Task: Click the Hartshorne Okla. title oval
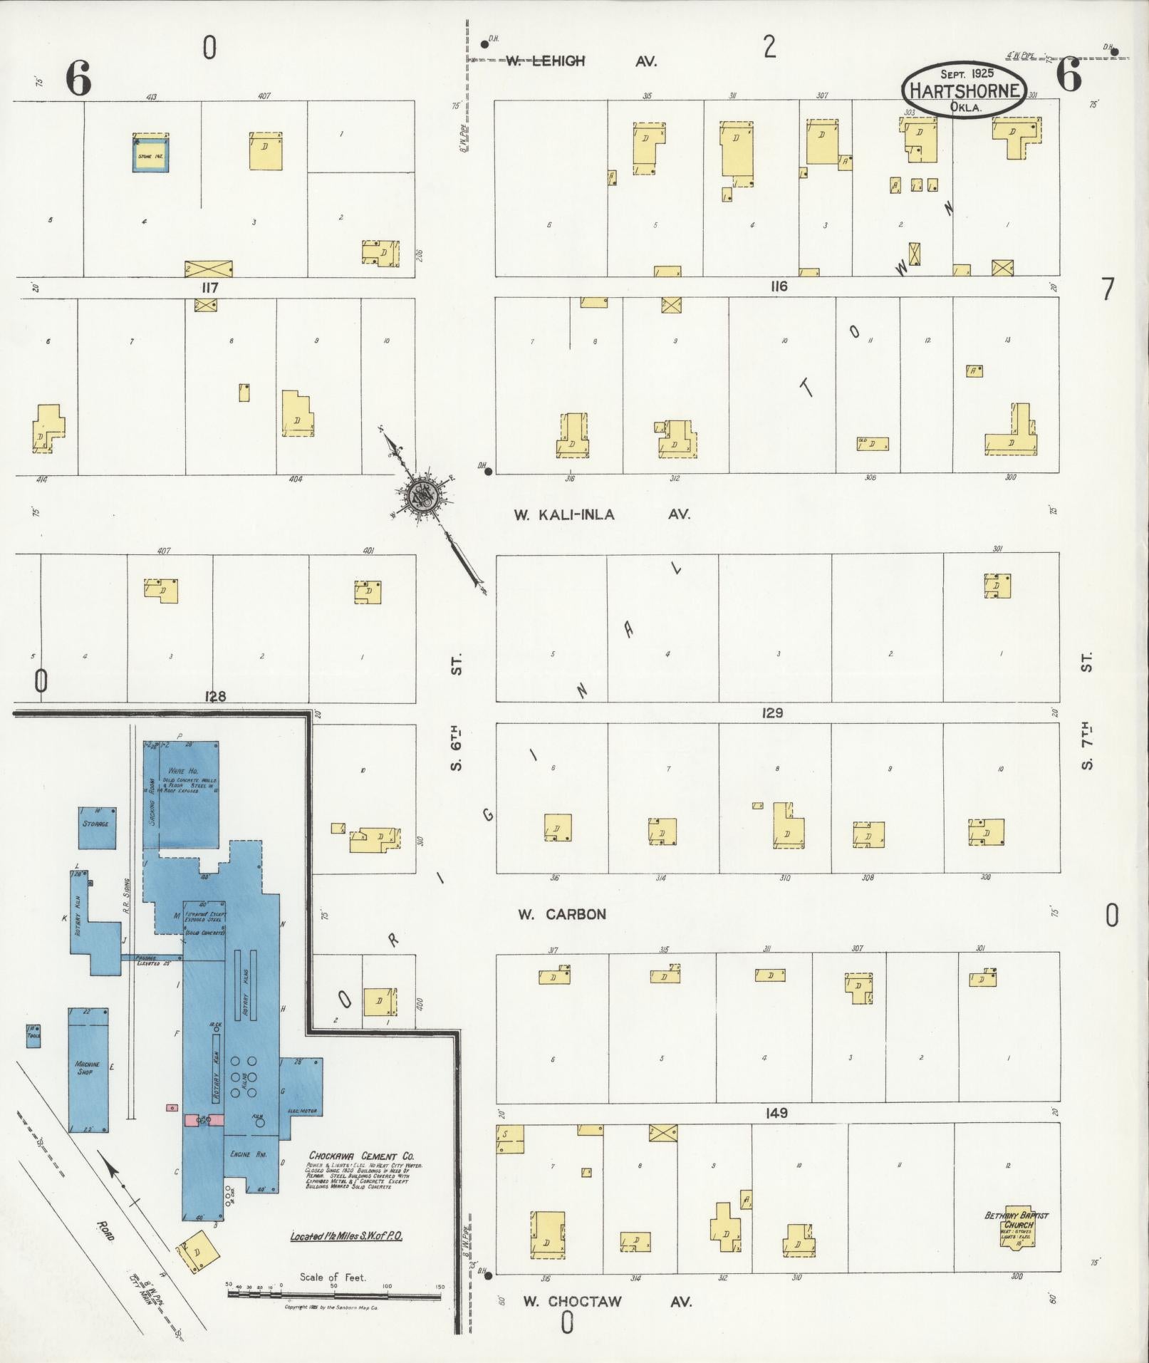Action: pos(965,90)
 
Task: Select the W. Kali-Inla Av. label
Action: pos(602,514)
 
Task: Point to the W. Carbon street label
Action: pos(561,914)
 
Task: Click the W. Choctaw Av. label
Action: pos(607,1302)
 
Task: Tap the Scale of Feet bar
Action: pos(335,1292)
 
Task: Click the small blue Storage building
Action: pos(96,828)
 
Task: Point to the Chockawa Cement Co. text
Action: pos(362,1156)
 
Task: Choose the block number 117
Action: pos(209,288)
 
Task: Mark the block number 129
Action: pos(772,713)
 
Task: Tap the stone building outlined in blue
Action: pos(151,153)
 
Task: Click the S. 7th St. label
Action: pos(1086,712)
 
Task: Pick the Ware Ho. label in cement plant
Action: pos(177,771)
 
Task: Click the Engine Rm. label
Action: pos(249,1154)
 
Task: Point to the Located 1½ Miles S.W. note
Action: pos(346,1236)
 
